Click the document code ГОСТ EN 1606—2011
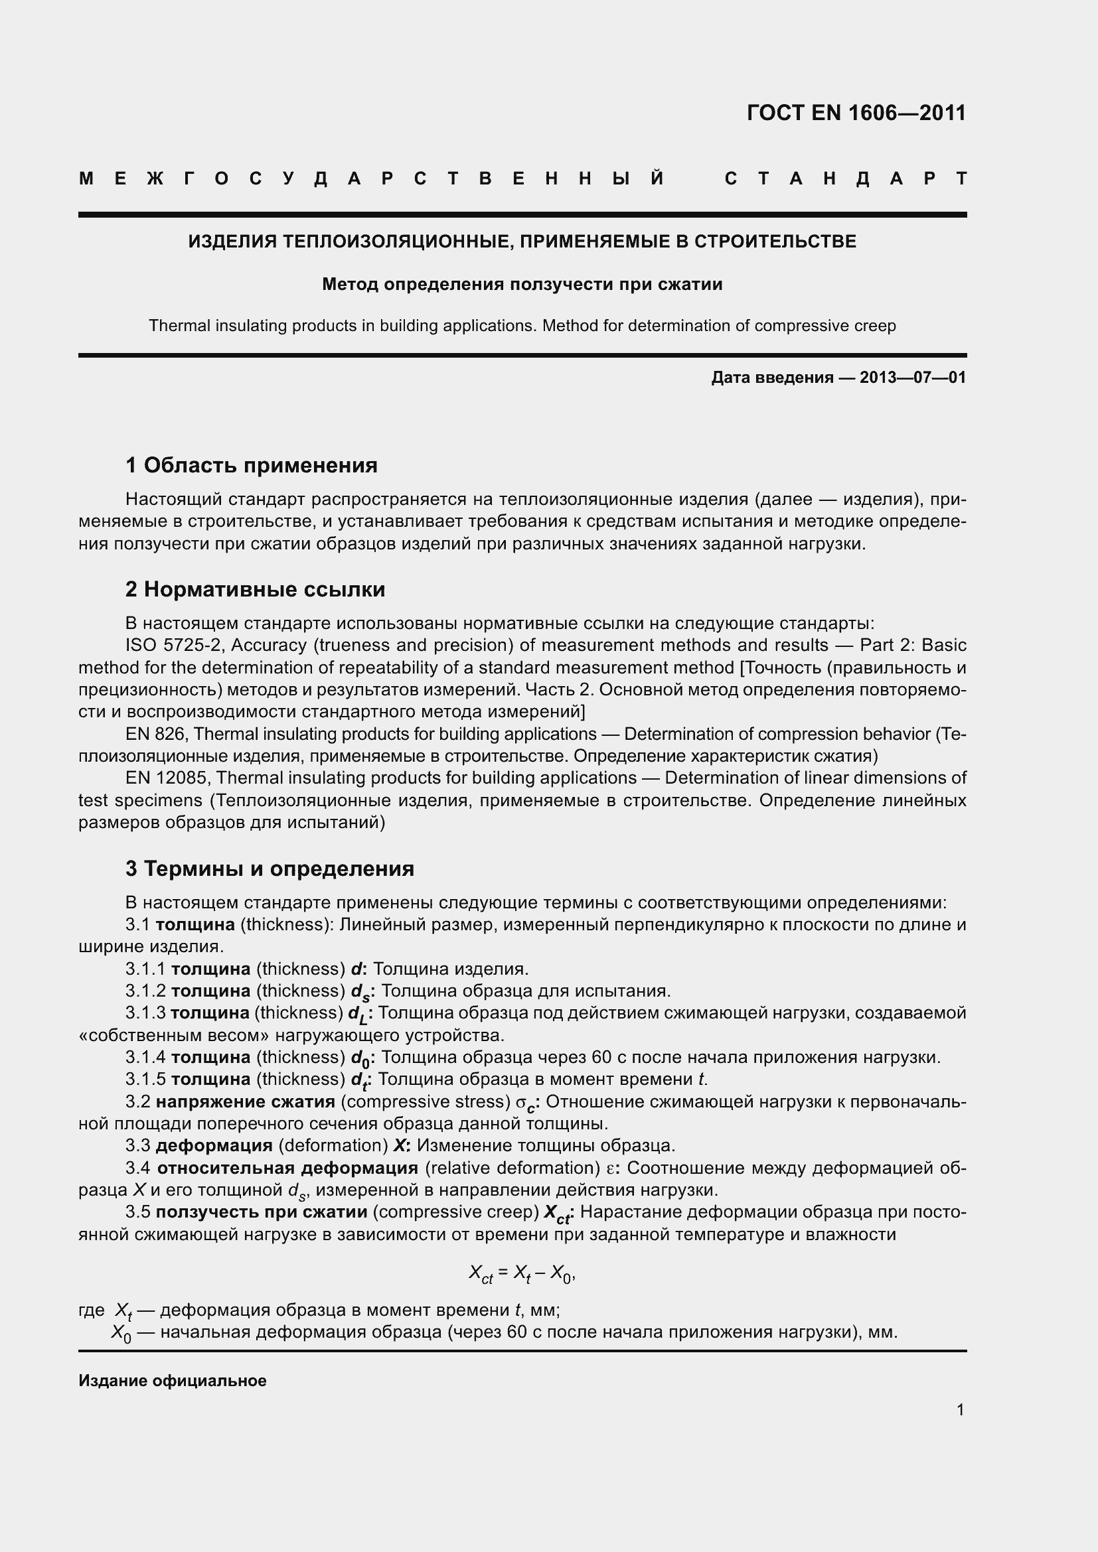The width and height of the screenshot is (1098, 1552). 856,113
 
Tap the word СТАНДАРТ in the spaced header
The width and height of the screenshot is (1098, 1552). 845,178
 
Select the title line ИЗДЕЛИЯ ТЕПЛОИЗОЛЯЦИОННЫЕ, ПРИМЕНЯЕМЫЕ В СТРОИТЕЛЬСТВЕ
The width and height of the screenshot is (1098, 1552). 522,242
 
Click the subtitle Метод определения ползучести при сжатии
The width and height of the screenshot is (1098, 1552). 522,284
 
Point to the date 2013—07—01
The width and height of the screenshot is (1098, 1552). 912,377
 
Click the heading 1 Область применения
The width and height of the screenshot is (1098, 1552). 252,465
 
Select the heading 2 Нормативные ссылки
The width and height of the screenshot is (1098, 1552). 255,589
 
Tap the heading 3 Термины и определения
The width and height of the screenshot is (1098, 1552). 270,869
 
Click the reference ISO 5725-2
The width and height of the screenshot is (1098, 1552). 174,645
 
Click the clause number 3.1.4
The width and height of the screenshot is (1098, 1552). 145,1057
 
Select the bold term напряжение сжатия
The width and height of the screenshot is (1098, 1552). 246,1102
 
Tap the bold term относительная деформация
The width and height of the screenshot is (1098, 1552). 287,1168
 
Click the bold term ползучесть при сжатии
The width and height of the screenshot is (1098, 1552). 261,1212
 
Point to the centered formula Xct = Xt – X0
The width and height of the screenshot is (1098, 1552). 522,1273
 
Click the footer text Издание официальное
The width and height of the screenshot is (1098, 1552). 173,1381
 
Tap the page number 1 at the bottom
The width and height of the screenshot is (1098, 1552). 960,1410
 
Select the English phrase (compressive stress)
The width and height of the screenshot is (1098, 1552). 426,1102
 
